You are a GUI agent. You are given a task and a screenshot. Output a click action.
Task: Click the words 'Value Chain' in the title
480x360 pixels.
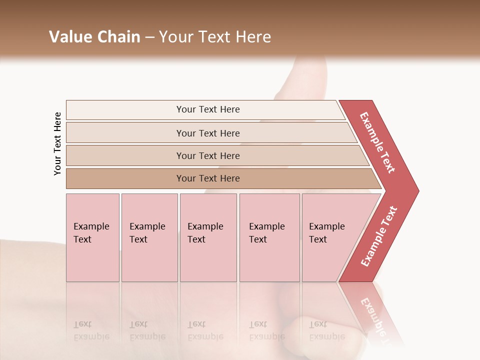(x=94, y=37)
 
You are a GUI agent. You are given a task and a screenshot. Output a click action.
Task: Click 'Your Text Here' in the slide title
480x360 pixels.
(x=215, y=37)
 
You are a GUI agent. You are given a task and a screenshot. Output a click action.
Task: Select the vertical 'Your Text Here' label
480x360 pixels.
(x=57, y=143)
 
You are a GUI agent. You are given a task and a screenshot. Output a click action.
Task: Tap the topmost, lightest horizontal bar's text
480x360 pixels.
(x=208, y=109)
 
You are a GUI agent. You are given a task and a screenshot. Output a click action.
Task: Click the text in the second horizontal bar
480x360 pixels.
(x=208, y=133)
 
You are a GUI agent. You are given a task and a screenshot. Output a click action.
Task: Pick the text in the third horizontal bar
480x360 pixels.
(x=208, y=156)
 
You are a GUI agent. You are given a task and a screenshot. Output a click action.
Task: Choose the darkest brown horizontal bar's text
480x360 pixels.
(x=208, y=178)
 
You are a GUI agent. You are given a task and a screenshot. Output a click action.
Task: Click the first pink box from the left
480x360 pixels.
(x=92, y=237)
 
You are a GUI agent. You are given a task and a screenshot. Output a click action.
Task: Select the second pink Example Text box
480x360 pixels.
(x=149, y=237)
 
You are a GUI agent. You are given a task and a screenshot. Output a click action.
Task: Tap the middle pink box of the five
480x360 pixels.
(x=208, y=237)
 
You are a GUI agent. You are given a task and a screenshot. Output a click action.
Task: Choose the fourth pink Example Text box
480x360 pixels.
(x=269, y=237)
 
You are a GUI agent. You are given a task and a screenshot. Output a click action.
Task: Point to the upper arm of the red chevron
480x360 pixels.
(x=377, y=142)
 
